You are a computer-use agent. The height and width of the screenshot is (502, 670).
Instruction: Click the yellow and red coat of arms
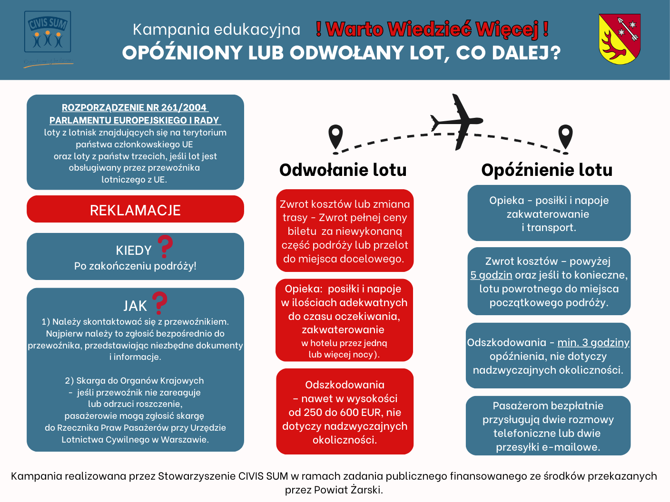coord(619,39)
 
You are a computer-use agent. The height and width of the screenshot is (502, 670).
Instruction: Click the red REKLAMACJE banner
coord(135,210)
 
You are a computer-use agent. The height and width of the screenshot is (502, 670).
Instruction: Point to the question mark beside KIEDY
coord(165,246)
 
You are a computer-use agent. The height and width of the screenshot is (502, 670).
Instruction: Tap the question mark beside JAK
coord(159,303)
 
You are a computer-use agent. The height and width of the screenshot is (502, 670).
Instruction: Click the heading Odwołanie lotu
coord(343,170)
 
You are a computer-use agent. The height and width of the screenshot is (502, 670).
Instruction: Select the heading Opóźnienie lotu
coord(547,170)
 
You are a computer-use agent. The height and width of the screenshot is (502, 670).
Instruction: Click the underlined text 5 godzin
coord(491,275)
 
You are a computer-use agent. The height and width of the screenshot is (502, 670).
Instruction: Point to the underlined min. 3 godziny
coord(593,342)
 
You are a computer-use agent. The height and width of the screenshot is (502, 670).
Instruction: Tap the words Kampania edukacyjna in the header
coord(217,29)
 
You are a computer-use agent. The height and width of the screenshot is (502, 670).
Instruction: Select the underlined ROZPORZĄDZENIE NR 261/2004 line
coord(134,108)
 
